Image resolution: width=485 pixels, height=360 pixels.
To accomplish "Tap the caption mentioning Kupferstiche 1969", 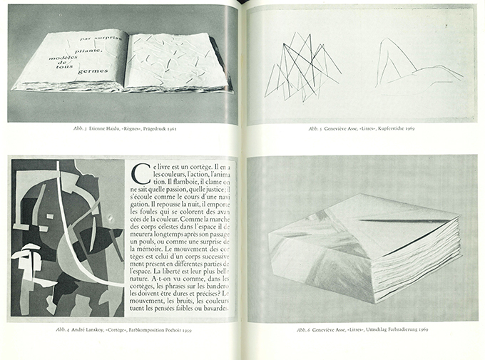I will pos(362,130).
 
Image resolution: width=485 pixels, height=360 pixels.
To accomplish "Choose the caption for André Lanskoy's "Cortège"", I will pos(122,329).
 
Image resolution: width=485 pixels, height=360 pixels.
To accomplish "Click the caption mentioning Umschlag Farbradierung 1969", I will pos(362,329).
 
